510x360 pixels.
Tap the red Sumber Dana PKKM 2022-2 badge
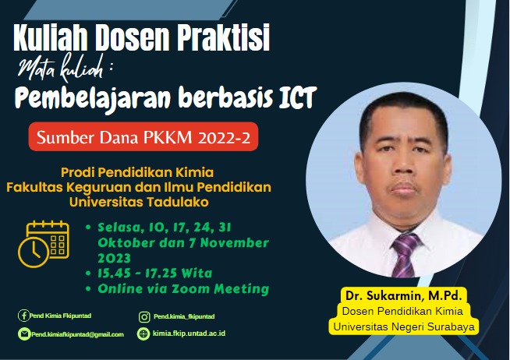[x=144, y=138]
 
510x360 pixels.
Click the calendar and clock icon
[x=45, y=244]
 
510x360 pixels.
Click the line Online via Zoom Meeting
[x=182, y=288]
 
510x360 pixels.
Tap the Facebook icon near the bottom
[x=23, y=316]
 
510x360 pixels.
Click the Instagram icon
[x=143, y=316]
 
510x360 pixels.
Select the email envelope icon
[x=23, y=334]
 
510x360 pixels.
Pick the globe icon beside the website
[x=143, y=334]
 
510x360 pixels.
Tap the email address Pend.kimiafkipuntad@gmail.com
[x=77, y=334]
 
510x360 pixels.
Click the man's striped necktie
[x=405, y=254]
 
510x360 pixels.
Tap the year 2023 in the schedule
[x=114, y=257]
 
